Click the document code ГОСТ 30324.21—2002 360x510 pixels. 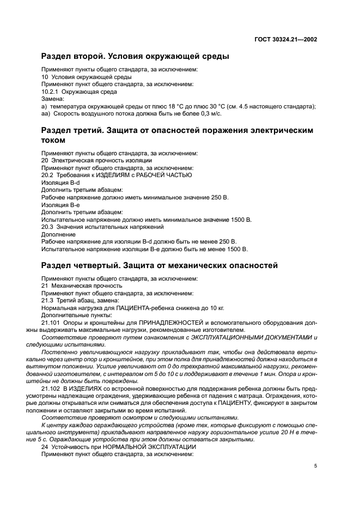point(285,39)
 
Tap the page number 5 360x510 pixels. point(315,466)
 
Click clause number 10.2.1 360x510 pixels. point(51,92)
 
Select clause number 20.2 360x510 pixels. point(47,175)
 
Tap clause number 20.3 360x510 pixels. point(47,226)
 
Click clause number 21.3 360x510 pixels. point(47,300)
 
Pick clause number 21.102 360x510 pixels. point(50,388)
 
